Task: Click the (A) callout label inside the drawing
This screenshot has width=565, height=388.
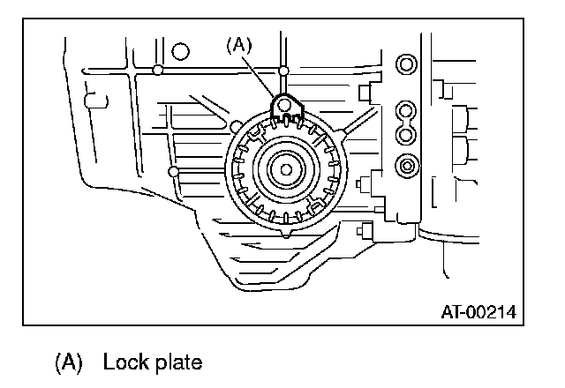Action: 239,45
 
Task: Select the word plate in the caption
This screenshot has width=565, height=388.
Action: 180,362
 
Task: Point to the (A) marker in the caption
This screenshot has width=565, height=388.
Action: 69,362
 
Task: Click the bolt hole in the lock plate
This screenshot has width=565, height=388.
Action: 283,107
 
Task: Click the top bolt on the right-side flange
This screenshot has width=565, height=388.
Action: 406,65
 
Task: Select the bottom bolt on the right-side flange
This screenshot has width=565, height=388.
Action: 406,164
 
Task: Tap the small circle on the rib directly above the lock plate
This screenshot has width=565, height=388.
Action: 283,69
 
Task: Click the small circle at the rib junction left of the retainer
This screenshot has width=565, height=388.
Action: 174,169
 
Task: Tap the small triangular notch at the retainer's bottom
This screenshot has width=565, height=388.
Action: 287,234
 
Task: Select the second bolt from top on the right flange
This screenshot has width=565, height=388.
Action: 406,111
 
